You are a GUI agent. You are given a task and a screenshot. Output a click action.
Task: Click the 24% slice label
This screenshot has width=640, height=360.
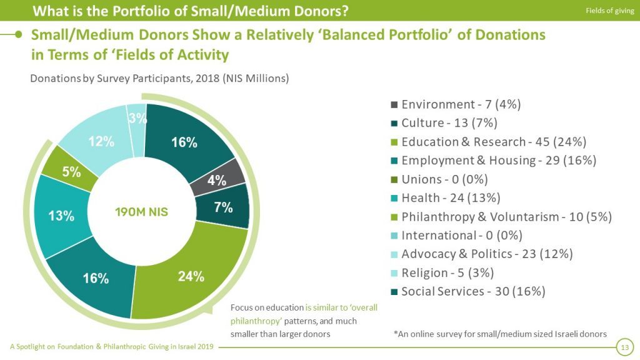tap(191, 276)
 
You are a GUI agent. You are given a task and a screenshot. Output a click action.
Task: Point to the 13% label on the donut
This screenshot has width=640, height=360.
tap(61, 216)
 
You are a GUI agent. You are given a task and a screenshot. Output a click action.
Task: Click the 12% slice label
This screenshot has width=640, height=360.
tap(101, 141)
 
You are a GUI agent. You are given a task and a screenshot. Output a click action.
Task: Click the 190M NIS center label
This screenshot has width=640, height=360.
tap(142, 212)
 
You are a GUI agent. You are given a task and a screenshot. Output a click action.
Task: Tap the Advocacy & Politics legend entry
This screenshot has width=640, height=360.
tap(487, 254)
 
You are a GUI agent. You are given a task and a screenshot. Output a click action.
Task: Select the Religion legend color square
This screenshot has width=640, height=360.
tap(394, 273)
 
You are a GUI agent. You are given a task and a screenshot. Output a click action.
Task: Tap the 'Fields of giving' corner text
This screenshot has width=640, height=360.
tap(609, 10)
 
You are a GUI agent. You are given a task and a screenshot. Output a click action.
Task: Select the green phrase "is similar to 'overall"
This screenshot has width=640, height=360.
tap(341, 308)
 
